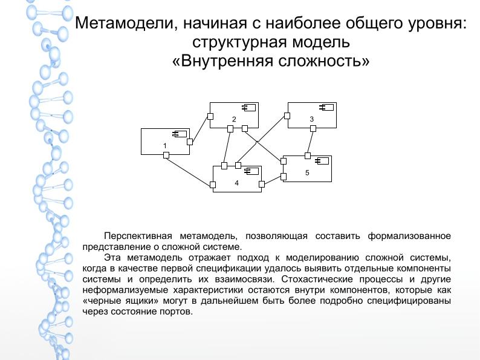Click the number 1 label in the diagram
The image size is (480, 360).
pos(164,146)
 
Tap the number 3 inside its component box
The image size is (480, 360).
pos(311,119)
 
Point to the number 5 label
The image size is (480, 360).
pos(307,173)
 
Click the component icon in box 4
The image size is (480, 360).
pos(251,171)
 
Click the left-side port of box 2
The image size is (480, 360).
pos(210,116)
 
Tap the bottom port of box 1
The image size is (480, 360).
pos(166,155)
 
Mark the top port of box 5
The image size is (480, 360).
pos(308,156)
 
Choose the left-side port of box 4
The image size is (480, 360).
pos(213,185)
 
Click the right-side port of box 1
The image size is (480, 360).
pos(190,142)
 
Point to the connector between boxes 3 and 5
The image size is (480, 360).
pos(310,142)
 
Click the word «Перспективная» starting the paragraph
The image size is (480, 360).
pos(137,235)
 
